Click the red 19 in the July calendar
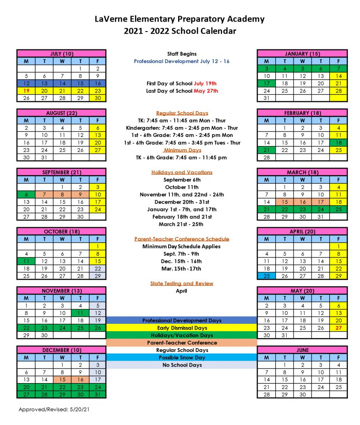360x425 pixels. (26, 91)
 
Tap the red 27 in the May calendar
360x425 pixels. (338, 327)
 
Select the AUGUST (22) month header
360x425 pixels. (61, 113)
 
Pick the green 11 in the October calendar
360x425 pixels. (26, 261)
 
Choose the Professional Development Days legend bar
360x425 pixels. (181, 320)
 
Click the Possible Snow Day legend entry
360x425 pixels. (181, 357)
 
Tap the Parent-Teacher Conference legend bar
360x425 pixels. (181, 343)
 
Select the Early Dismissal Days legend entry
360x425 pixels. (181, 328)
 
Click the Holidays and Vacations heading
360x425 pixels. (181, 172)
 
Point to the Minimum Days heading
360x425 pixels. (182, 150)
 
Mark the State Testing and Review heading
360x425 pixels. (181, 283)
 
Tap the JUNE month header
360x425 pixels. (302, 350)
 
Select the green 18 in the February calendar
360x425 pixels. (338, 142)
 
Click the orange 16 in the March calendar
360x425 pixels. (302, 202)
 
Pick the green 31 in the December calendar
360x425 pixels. (98, 394)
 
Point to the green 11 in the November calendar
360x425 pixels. (80, 313)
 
